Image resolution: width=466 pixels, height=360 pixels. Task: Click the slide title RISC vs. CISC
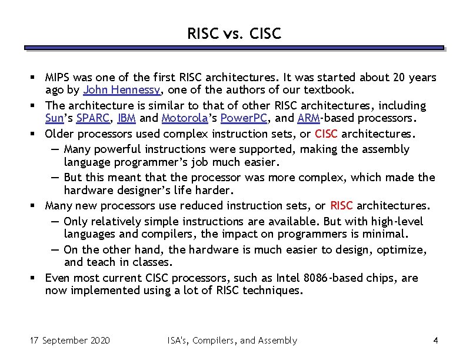(x=234, y=34)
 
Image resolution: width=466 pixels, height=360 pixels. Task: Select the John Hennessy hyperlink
(x=122, y=90)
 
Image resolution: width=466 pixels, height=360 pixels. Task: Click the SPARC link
(x=92, y=119)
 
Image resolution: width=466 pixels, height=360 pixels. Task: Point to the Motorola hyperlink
(x=184, y=119)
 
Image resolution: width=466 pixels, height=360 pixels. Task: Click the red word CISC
(x=327, y=134)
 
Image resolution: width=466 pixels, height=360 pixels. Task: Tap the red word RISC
(x=341, y=206)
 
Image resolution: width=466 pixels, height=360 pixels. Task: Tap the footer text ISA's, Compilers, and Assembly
(x=232, y=341)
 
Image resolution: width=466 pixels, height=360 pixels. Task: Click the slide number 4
(x=435, y=341)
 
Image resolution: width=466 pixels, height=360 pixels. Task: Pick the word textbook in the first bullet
(x=329, y=90)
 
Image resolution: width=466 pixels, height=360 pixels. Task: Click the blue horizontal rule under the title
(x=234, y=48)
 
